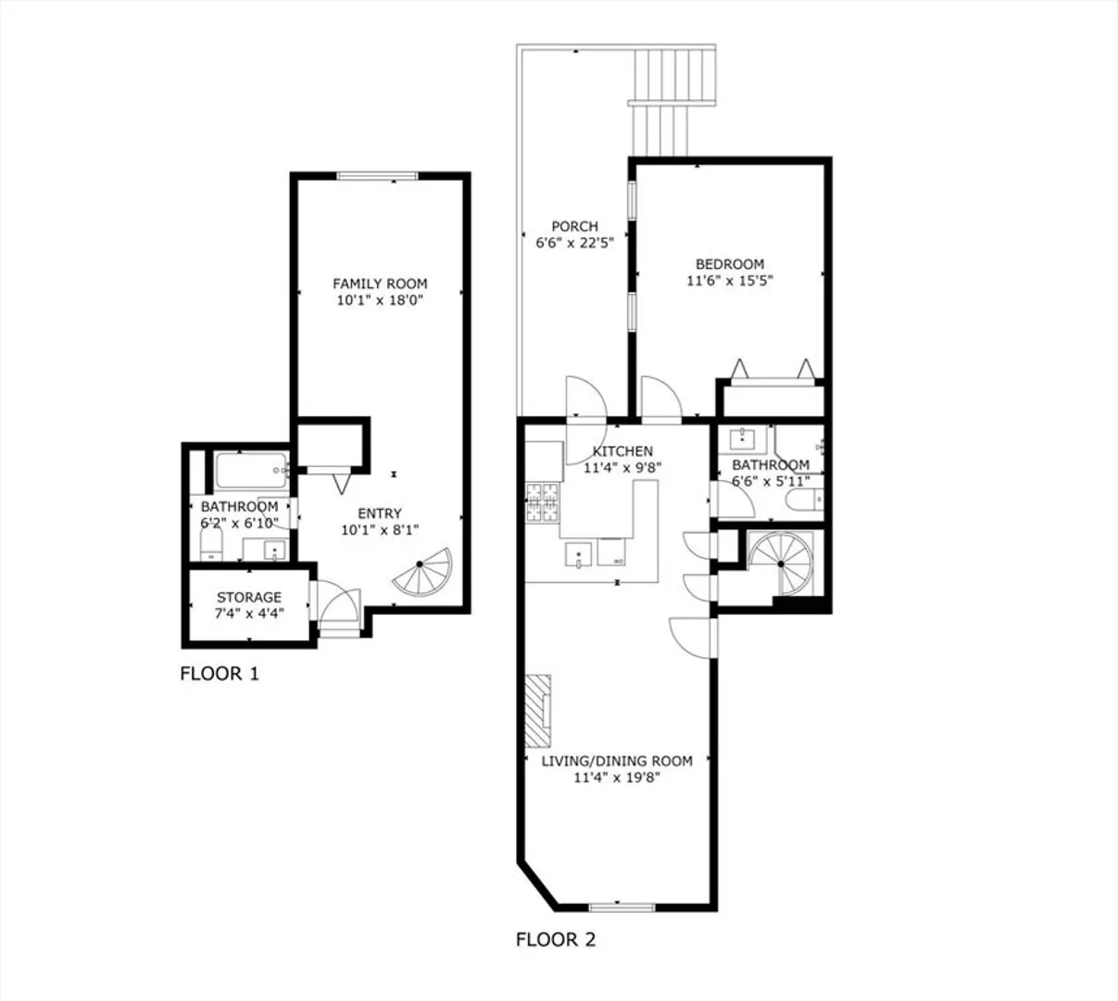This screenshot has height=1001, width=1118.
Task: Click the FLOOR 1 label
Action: click(x=220, y=674)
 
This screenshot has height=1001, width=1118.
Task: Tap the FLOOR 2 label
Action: click(x=556, y=940)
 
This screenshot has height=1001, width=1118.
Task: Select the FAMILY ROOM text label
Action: click(x=380, y=284)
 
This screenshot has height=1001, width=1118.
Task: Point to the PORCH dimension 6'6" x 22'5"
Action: click(x=574, y=243)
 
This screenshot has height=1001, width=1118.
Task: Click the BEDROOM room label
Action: click(x=730, y=264)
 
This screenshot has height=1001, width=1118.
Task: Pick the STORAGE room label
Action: click(x=249, y=597)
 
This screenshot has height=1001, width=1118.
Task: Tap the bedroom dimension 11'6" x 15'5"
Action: click(x=730, y=281)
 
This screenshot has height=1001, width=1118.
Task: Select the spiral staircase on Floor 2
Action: click(x=782, y=564)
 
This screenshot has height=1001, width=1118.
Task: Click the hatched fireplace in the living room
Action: click(x=537, y=711)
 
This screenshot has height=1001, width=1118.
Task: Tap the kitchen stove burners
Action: click(x=542, y=502)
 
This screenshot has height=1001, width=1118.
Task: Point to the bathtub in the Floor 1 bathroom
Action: click(x=252, y=470)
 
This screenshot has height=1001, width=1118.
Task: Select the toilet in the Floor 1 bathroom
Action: click(x=211, y=545)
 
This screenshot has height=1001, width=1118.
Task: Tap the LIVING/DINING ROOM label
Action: click(x=617, y=761)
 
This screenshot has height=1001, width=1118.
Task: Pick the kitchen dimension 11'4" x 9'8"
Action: click(x=622, y=468)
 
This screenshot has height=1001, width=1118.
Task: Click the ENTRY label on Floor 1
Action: click(x=380, y=513)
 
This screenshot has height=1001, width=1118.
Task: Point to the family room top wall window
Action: click(x=378, y=176)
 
